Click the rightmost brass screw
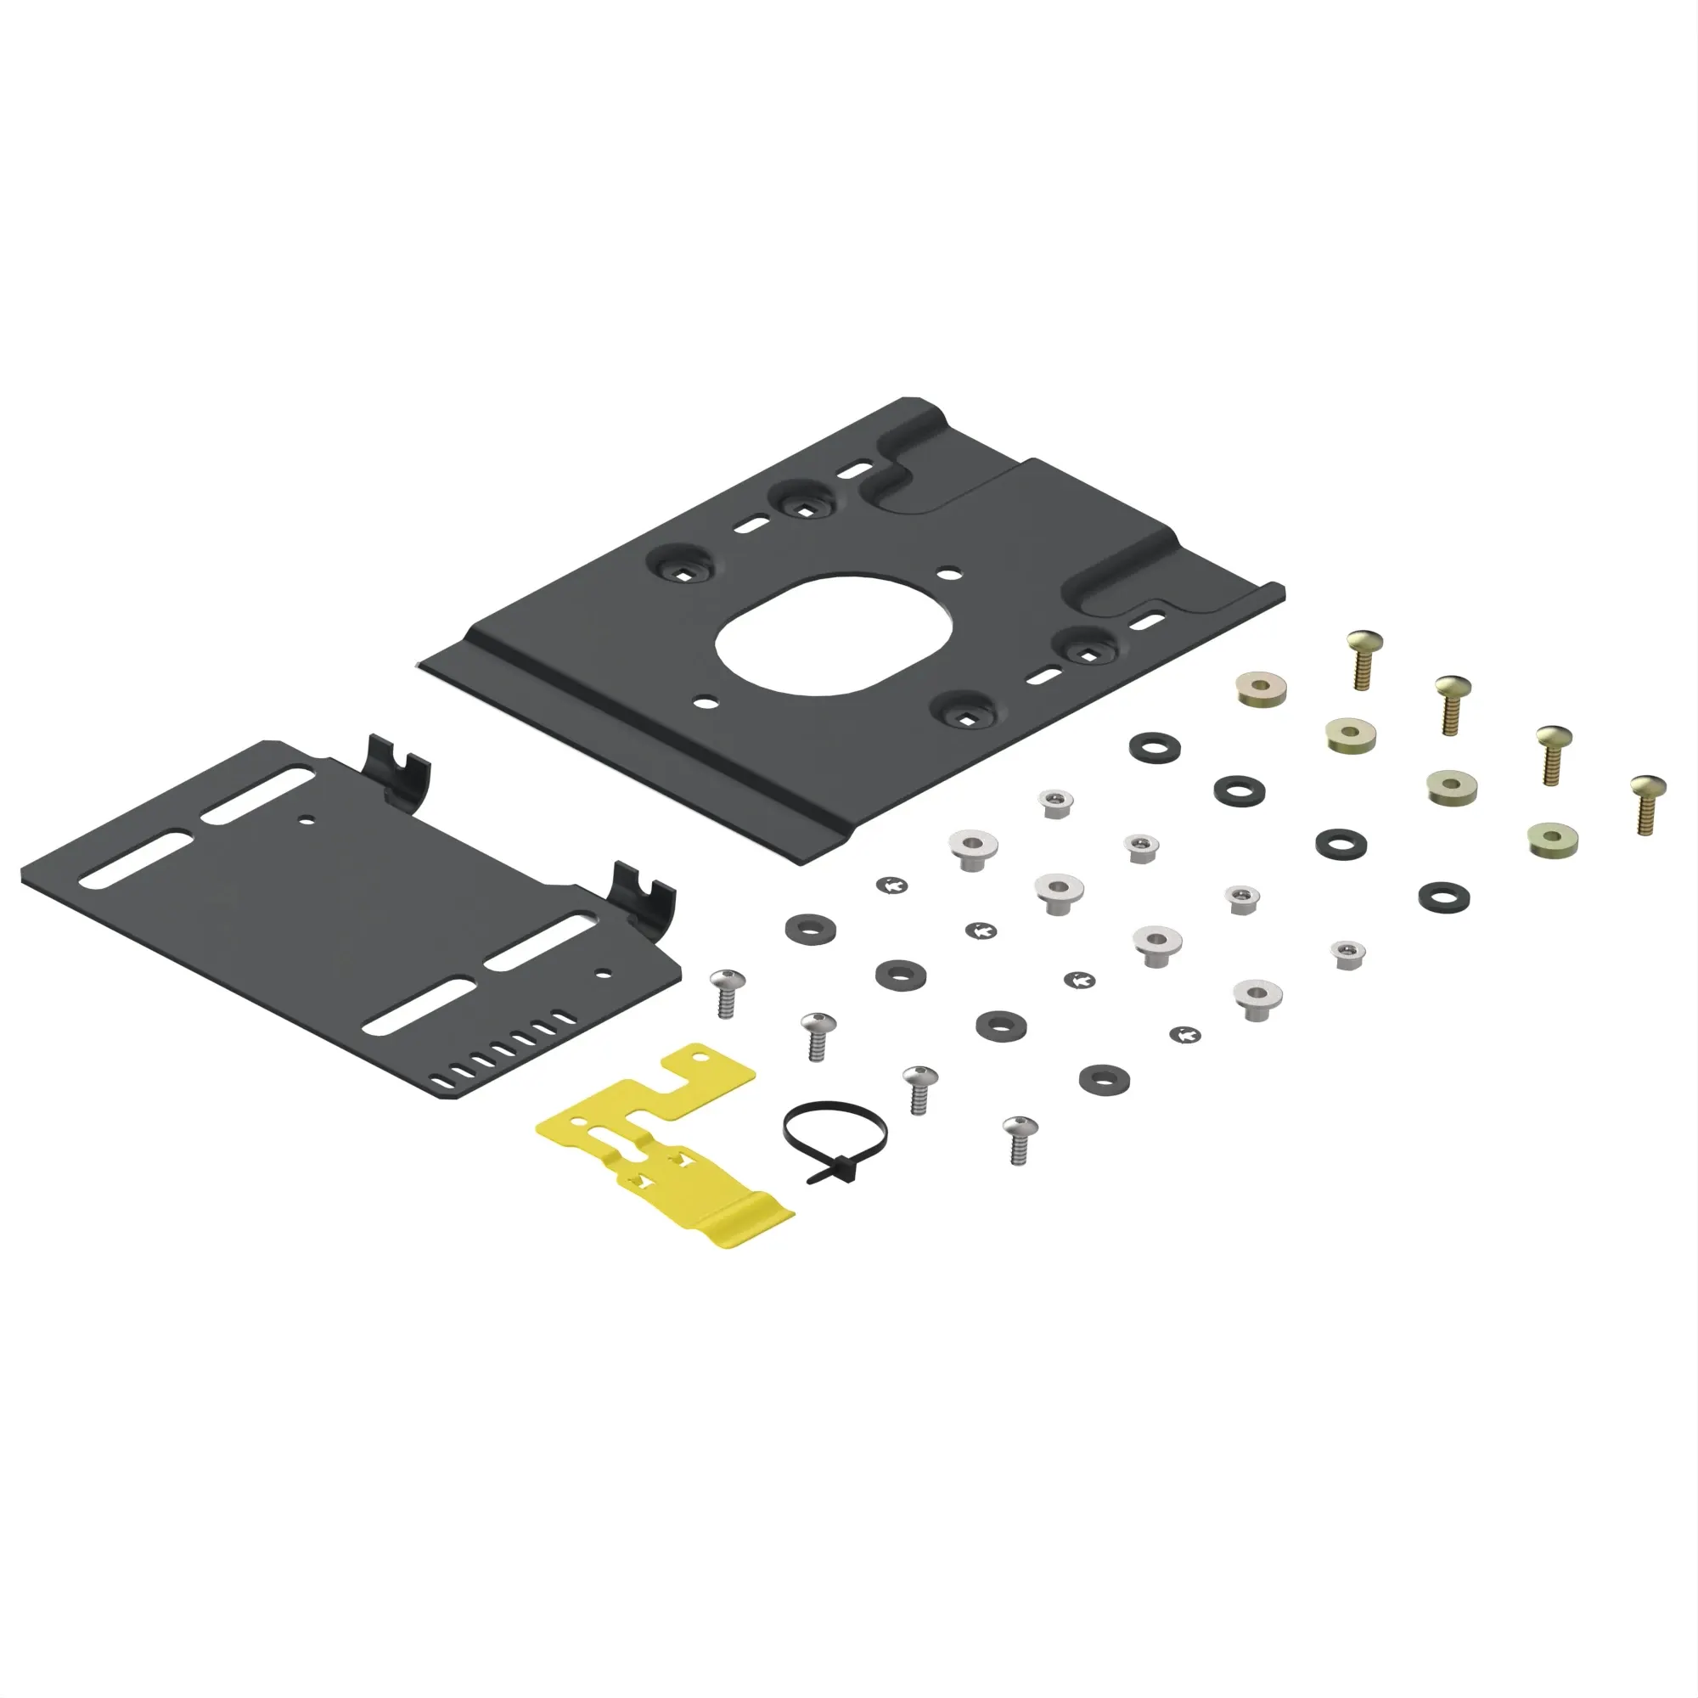[x=1646, y=801]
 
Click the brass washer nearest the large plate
[x=1260, y=689]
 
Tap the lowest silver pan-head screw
[x=1020, y=1139]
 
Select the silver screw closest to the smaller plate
[x=727, y=992]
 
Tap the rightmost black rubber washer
[x=1443, y=897]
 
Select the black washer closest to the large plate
[x=1154, y=747]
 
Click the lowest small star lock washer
[x=1185, y=1034]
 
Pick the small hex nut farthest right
[x=1347, y=953]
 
